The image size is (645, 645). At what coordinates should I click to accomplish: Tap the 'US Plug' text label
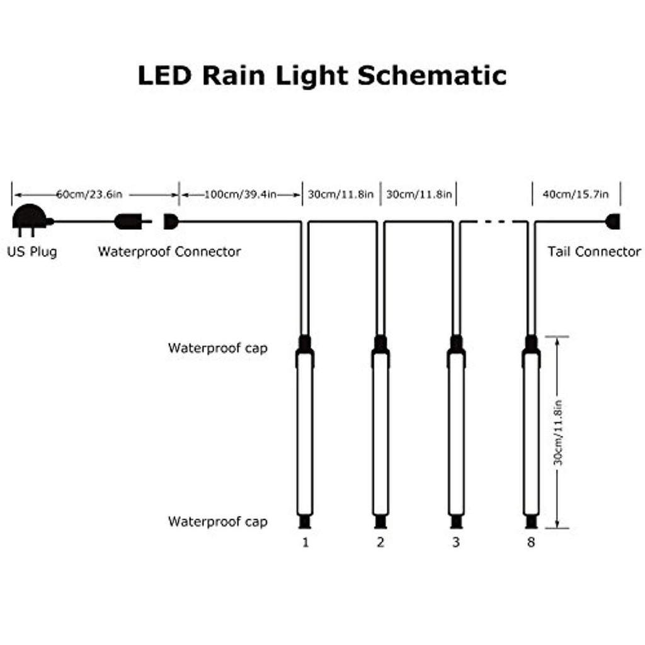click(32, 251)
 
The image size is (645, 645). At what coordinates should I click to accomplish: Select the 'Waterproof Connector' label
click(169, 251)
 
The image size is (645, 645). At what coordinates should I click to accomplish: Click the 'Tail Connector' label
click(594, 251)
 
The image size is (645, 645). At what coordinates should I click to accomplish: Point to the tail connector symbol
click(612, 221)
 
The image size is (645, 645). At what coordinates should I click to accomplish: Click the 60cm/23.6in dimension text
click(89, 194)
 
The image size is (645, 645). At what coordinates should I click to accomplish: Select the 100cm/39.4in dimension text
click(240, 194)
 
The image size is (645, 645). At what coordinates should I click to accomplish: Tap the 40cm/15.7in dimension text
click(576, 194)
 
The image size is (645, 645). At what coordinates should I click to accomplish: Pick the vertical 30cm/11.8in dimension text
click(558, 432)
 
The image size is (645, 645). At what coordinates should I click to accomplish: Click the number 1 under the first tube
click(305, 542)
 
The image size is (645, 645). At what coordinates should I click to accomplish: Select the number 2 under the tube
click(380, 542)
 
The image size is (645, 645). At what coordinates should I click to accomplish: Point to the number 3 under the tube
click(456, 542)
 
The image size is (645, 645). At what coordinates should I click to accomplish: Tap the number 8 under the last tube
click(531, 542)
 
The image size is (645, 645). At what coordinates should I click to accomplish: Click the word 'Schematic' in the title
click(432, 76)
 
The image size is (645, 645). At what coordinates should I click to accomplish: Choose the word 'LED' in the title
click(165, 76)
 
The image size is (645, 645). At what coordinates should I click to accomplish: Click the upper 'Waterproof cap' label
click(217, 348)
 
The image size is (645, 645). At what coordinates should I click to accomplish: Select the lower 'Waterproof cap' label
click(217, 522)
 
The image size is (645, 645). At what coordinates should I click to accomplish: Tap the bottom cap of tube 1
click(305, 522)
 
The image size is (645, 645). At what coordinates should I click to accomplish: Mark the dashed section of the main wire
click(494, 222)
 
